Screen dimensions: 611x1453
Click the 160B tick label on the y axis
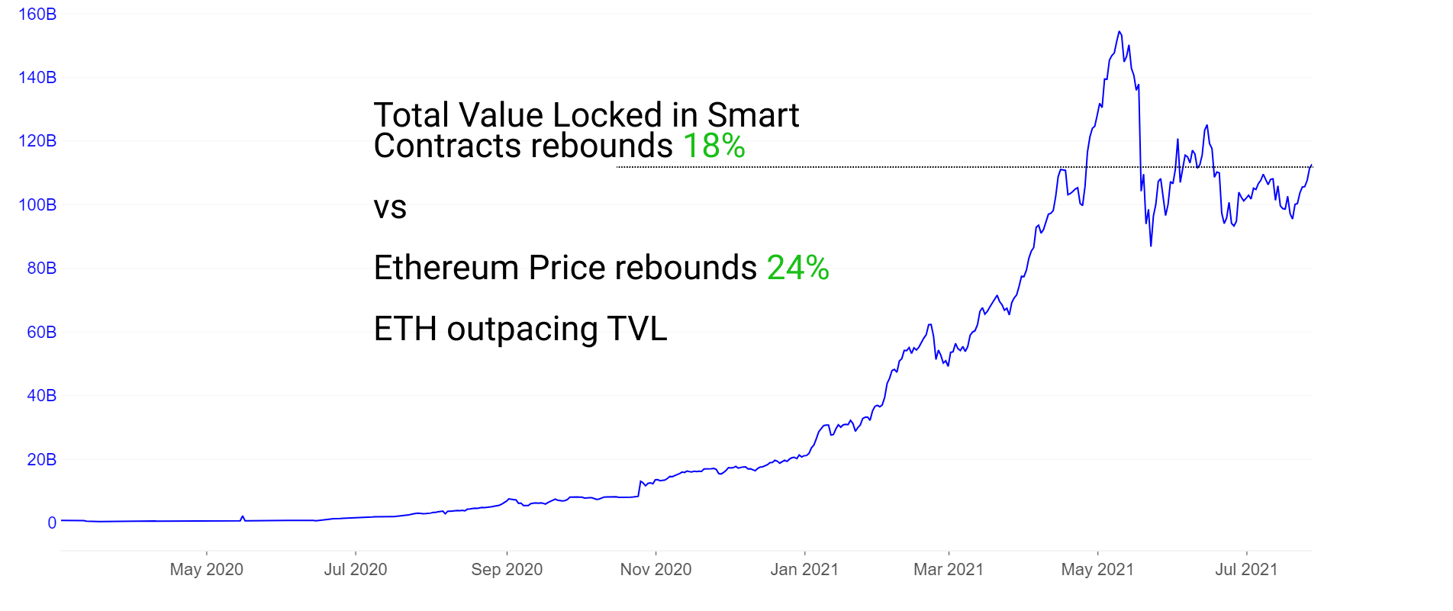click(x=37, y=14)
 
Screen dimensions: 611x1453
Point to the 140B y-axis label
click(x=37, y=78)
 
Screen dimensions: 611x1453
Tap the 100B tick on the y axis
click(x=37, y=205)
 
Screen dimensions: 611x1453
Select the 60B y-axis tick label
click(x=41, y=333)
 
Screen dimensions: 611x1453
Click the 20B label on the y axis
click(x=41, y=460)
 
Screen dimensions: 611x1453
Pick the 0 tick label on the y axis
click(x=52, y=523)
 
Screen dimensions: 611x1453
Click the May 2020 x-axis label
click(x=206, y=570)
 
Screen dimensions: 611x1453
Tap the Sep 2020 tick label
click(x=507, y=570)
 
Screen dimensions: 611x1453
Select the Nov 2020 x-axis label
click(x=656, y=570)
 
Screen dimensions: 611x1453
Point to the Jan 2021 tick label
click(x=804, y=570)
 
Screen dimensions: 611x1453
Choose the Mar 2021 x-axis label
click(x=949, y=570)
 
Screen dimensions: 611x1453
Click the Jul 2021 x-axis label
click(x=1246, y=570)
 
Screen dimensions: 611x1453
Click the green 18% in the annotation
click(x=714, y=146)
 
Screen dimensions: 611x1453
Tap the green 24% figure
click(x=797, y=268)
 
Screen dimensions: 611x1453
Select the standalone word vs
click(x=390, y=207)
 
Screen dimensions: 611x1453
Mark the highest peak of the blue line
click(x=1119, y=32)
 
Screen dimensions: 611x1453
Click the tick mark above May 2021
click(x=1097, y=553)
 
